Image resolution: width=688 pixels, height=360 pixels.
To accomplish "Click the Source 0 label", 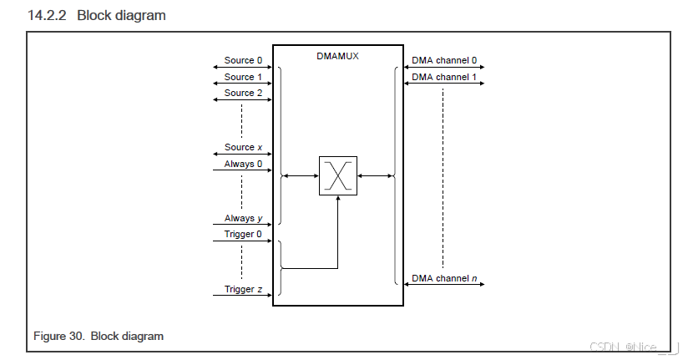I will tap(243, 61).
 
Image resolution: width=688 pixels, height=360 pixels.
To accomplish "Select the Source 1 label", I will tap(243, 77).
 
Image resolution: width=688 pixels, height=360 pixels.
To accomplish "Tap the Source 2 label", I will tap(243, 93).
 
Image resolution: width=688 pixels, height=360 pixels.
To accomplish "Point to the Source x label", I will tap(243, 147).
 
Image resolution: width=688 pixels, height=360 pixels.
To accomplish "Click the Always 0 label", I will tap(243, 164).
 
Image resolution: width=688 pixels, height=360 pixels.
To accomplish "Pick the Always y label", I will tap(243, 218).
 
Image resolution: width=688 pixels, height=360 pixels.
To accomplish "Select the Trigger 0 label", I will tap(243, 235).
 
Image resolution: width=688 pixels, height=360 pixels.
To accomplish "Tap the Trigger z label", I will tap(243, 289).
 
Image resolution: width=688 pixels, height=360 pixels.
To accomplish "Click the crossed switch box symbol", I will tap(337, 175).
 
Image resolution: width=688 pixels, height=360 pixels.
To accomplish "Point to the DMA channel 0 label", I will tap(444, 61).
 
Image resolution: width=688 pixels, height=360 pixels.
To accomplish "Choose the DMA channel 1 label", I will tap(444, 77).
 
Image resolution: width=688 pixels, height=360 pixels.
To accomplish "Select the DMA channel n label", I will tap(444, 278).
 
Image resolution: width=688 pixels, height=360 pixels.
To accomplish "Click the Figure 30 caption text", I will tap(99, 336).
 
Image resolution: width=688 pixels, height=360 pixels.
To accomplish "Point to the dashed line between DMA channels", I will tap(443, 175).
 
